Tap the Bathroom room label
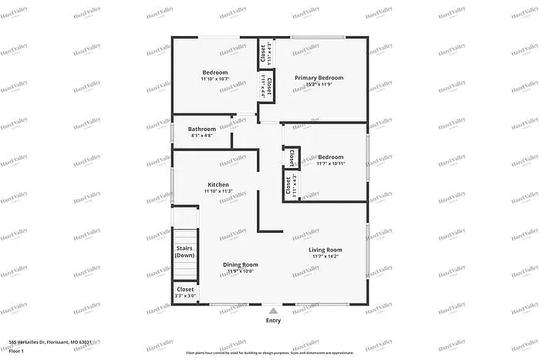(x=202, y=129)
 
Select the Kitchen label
(x=218, y=185)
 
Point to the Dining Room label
(x=241, y=264)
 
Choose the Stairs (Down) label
(x=184, y=251)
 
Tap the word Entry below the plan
(x=273, y=321)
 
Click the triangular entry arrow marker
(x=273, y=310)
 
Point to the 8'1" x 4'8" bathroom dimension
(x=202, y=136)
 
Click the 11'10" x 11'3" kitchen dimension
(x=218, y=192)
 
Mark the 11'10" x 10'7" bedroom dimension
(x=214, y=79)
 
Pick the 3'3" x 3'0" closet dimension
(x=185, y=296)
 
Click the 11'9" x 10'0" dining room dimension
(x=241, y=271)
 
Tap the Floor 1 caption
(x=17, y=352)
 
